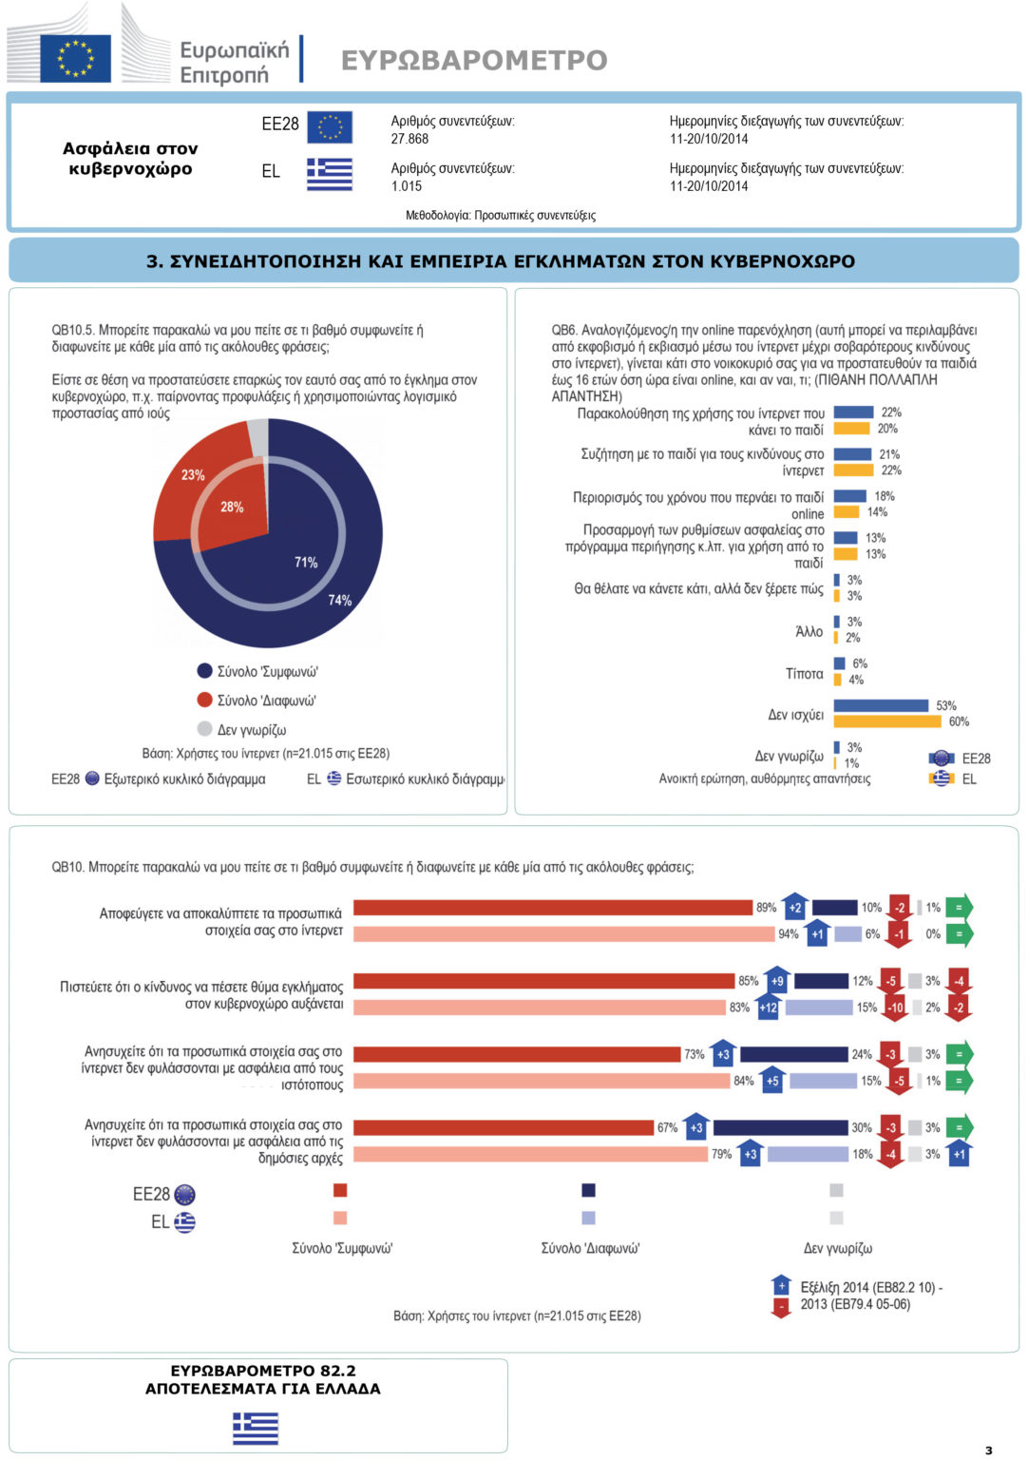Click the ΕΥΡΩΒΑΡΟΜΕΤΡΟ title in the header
click(474, 60)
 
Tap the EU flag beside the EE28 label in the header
click(330, 127)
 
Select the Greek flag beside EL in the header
click(330, 174)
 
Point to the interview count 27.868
click(409, 139)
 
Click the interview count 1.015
click(407, 186)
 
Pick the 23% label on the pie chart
click(193, 474)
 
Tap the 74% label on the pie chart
click(339, 600)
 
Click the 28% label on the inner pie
click(232, 507)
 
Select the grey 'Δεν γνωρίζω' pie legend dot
click(204, 729)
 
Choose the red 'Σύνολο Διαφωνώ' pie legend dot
click(204, 700)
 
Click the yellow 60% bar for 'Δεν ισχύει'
click(887, 721)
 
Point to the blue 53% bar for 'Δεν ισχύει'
click(881, 705)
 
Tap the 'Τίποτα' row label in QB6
click(804, 674)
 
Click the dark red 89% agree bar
click(553, 908)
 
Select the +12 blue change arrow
click(768, 1007)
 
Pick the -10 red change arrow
click(895, 1007)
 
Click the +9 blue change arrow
click(777, 980)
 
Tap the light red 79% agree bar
click(530, 1154)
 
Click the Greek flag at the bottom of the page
click(256, 1429)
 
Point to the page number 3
click(988, 1450)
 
